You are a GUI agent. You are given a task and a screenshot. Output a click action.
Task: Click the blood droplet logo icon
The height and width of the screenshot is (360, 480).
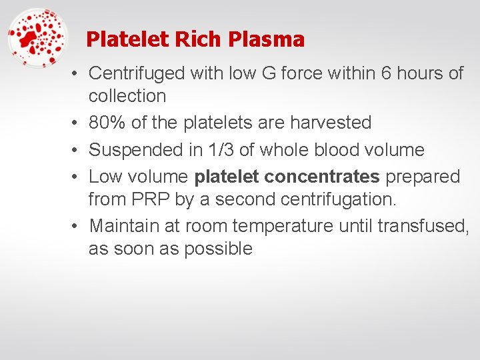(38, 38)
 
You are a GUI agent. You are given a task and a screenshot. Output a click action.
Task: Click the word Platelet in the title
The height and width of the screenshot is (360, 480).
(128, 39)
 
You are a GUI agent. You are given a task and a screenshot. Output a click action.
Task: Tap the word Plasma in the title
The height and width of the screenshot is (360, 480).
(266, 39)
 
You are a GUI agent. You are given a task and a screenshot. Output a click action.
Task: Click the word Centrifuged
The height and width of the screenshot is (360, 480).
(137, 73)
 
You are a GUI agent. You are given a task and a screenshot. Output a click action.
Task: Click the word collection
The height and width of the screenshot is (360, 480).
(127, 96)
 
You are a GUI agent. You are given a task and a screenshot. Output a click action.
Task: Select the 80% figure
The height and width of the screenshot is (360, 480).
(106, 123)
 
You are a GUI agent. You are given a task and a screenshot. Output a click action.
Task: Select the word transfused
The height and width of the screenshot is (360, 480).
(423, 226)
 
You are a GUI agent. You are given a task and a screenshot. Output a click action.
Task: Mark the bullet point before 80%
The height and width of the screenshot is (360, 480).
(77, 123)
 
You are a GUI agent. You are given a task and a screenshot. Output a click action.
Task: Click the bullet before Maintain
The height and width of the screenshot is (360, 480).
(77, 226)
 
